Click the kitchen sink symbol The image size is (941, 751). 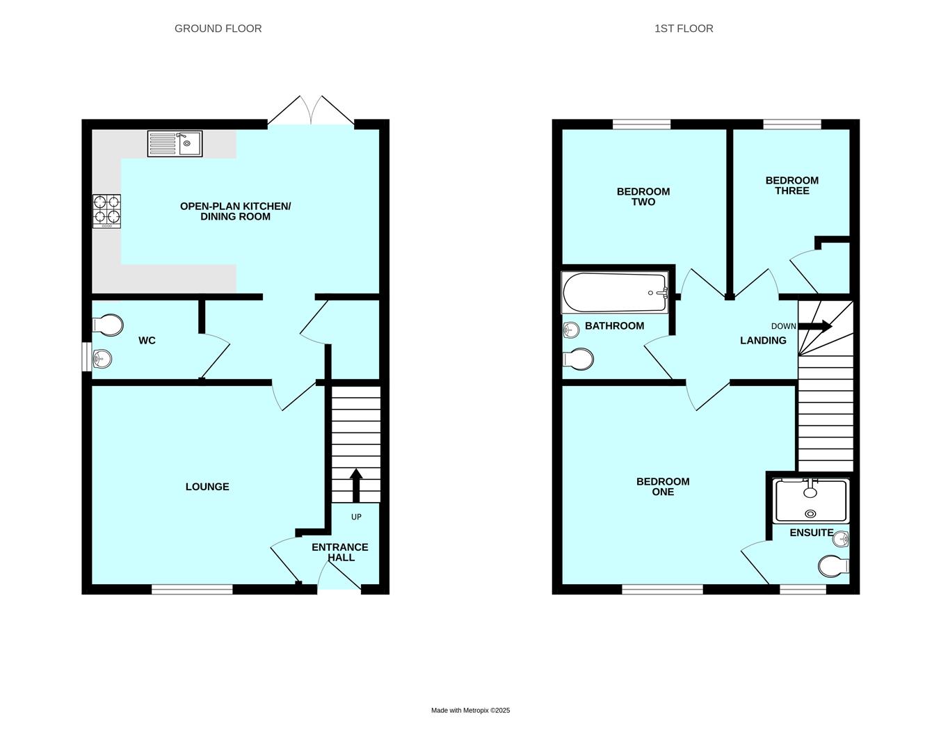(x=175, y=144)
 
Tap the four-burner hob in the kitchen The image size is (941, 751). (x=106, y=211)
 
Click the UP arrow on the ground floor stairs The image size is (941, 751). (x=356, y=485)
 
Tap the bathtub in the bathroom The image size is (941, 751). (x=614, y=293)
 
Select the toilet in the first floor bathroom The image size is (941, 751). (x=579, y=359)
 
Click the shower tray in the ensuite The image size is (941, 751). (x=811, y=501)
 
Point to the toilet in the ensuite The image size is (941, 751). (x=834, y=566)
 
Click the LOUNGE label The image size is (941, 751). (x=207, y=487)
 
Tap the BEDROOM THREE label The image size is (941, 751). (x=791, y=186)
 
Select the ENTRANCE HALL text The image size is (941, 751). (x=340, y=552)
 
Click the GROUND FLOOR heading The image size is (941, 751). (x=218, y=29)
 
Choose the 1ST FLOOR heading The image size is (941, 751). (x=684, y=29)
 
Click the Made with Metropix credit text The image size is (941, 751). (x=470, y=711)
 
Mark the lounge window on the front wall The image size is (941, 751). (x=192, y=590)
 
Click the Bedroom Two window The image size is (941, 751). (x=641, y=124)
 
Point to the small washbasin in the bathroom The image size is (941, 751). (x=571, y=330)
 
